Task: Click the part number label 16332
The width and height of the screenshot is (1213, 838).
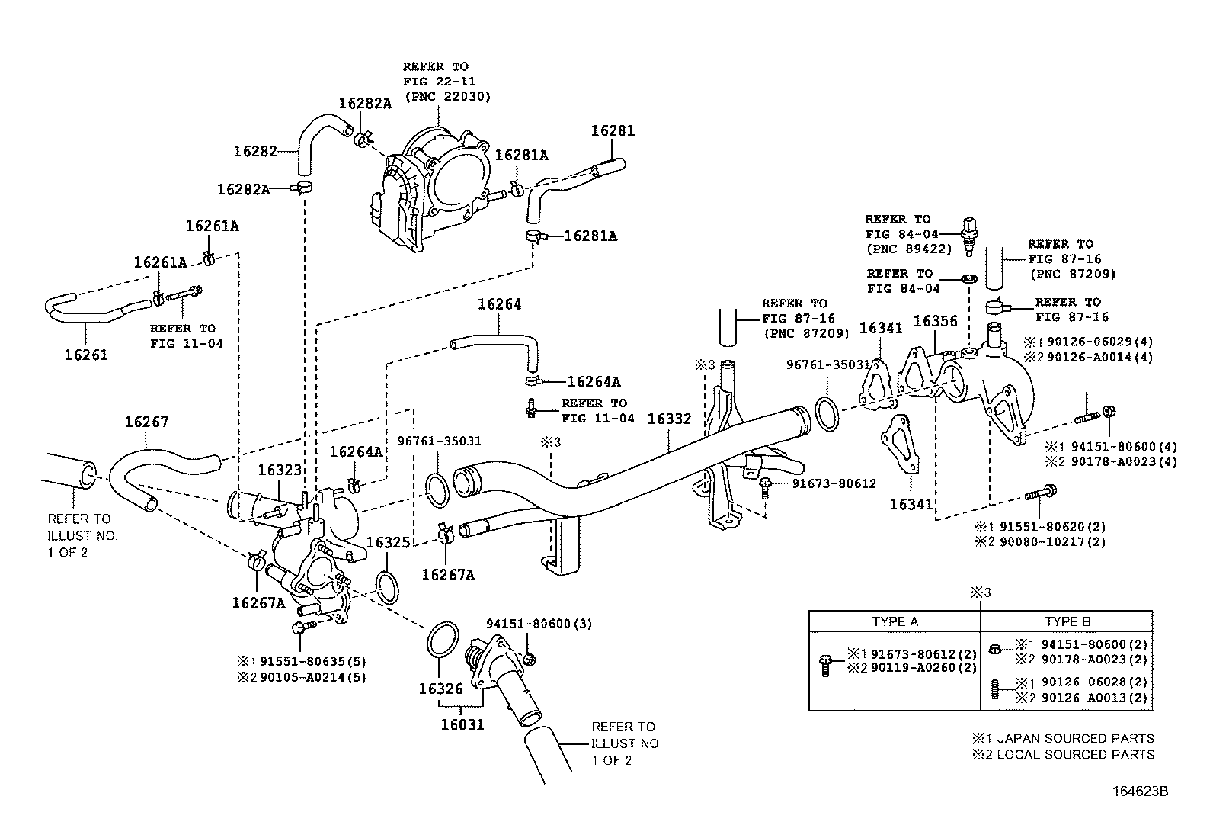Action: pyautogui.click(x=669, y=419)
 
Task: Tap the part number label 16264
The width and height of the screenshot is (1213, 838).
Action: pyautogui.click(x=499, y=305)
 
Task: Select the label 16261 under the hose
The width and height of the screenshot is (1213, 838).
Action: pyautogui.click(x=86, y=355)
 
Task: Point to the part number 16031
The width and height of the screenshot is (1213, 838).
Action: pyautogui.click(x=462, y=724)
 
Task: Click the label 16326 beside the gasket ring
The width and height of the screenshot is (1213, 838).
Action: pyautogui.click(x=441, y=689)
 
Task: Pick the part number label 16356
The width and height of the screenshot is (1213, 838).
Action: pyautogui.click(x=935, y=322)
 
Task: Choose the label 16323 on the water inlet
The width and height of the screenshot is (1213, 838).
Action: pyautogui.click(x=280, y=470)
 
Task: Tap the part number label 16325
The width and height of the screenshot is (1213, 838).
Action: pyautogui.click(x=389, y=543)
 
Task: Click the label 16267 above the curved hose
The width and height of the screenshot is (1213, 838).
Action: pyautogui.click(x=147, y=422)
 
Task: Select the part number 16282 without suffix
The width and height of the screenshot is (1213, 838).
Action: pyautogui.click(x=255, y=151)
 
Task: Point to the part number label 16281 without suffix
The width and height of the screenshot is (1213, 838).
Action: pyautogui.click(x=613, y=130)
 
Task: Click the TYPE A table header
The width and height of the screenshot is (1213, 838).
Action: pyautogui.click(x=895, y=621)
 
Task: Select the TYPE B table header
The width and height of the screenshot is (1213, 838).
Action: pyautogui.click(x=1067, y=621)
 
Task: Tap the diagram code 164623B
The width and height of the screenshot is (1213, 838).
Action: pyautogui.click(x=1141, y=791)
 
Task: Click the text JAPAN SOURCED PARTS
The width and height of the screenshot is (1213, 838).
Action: pyautogui.click(x=1075, y=738)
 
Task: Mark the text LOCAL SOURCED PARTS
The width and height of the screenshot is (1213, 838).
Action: pyautogui.click(x=1075, y=755)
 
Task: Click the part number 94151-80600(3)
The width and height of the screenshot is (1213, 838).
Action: pyautogui.click(x=539, y=624)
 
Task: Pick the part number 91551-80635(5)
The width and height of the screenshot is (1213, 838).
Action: pyautogui.click(x=313, y=661)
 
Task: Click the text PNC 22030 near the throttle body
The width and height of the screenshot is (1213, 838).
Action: pyautogui.click(x=448, y=97)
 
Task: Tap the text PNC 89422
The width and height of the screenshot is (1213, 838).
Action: pyautogui.click(x=909, y=249)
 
